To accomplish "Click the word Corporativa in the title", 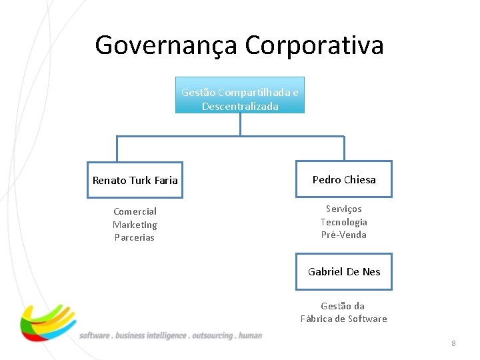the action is coord(314,45).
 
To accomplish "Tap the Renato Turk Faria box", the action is coord(135,180).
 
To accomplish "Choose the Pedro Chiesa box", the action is coord(344,179).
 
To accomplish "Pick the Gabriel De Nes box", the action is coord(344,271).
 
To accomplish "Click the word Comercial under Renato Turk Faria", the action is coord(135,211).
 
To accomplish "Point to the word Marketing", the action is coord(135,225).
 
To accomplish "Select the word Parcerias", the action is coord(135,237).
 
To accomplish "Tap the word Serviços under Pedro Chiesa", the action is coord(344,209).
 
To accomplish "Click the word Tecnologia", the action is coord(344,222).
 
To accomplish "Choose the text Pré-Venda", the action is coord(344,235).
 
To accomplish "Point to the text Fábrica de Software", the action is coord(344,319).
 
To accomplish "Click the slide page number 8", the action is coord(453,343).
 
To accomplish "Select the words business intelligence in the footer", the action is coord(151,335).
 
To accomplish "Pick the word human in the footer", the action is coord(251,335).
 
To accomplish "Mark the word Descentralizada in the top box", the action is coord(240,107).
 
